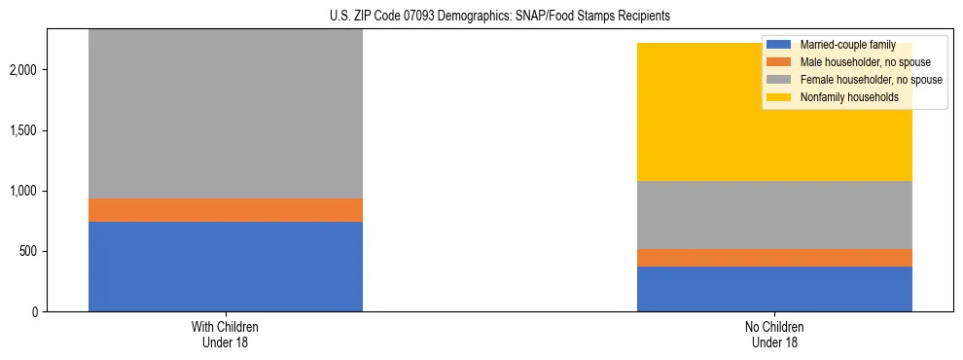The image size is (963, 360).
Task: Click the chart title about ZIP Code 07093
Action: click(x=481, y=17)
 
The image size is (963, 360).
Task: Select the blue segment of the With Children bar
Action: click(x=226, y=267)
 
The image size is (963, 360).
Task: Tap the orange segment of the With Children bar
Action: click(x=226, y=210)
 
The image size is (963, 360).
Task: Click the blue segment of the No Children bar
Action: click(x=774, y=289)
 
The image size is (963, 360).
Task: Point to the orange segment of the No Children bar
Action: click(x=774, y=258)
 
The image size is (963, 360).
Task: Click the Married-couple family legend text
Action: click(x=847, y=45)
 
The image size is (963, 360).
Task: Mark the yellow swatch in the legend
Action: click(x=779, y=97)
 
